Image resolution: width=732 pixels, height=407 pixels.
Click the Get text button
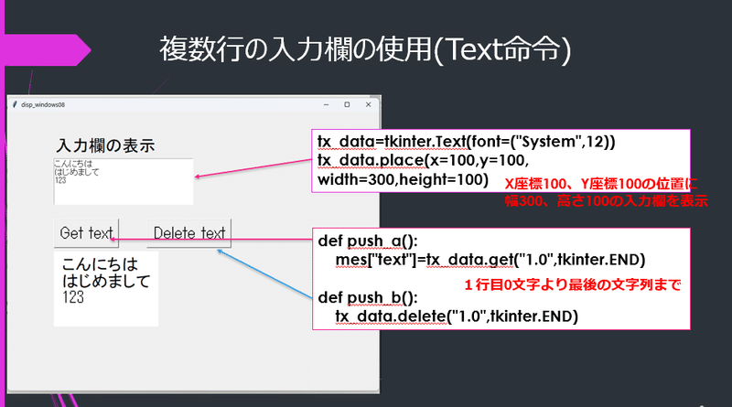point(86,233)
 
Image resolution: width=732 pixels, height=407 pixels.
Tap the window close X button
point(368,105)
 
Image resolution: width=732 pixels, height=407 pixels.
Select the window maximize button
point(346,105)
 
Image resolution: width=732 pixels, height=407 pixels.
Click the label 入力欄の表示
point(105,145)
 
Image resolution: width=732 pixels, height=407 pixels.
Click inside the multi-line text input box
point(124,181)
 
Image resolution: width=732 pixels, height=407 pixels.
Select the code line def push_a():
point(367,241)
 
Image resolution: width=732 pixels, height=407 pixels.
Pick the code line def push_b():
point(367,297)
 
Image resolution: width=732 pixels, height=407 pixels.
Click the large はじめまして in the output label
point(105,281)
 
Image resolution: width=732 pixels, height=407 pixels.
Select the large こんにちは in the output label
point(100,264)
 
